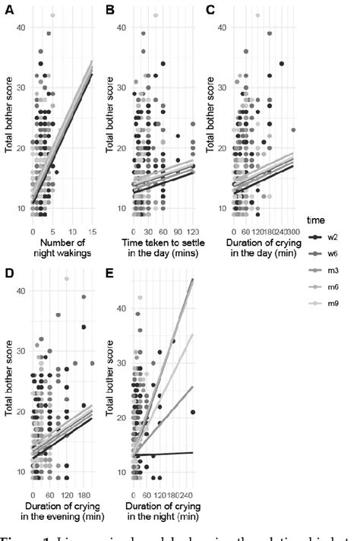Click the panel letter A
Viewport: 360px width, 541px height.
[x=6, y=9]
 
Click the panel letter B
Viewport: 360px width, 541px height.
[x=109, y=9]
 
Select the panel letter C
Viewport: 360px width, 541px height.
[x=210, y=9]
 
